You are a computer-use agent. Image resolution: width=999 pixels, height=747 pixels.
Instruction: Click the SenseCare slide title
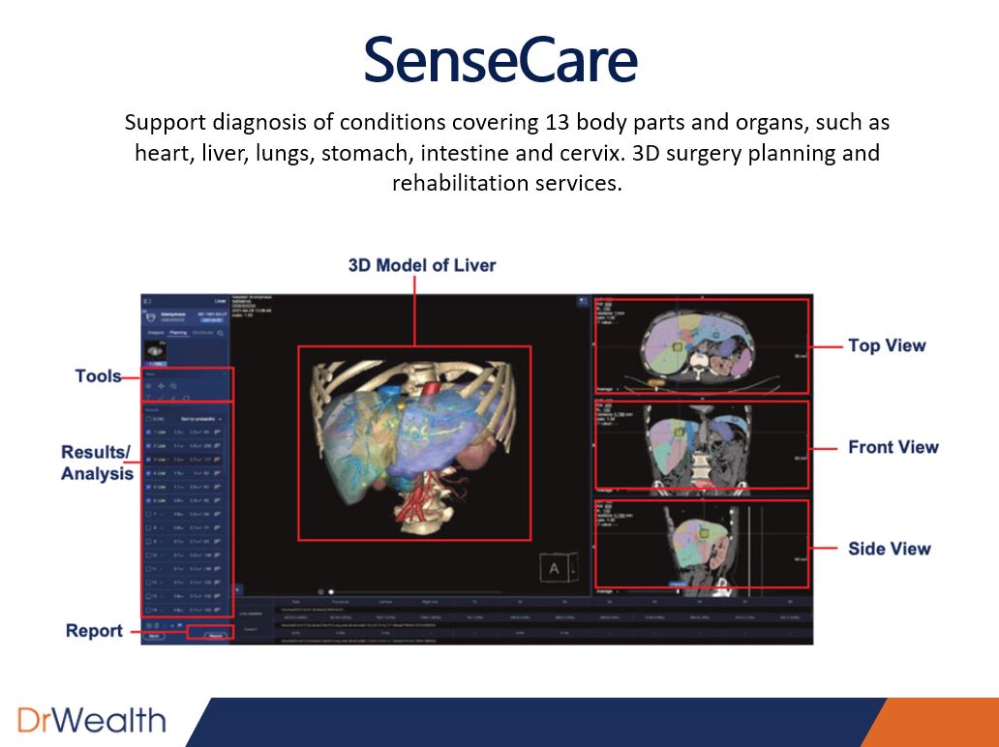tap(500, 59)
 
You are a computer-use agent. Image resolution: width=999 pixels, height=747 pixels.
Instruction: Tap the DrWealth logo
tap(91, 720)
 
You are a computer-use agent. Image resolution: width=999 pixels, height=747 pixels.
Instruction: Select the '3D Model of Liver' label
tap(422, 265)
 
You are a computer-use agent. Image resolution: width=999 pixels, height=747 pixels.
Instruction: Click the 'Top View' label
tap(887, 345)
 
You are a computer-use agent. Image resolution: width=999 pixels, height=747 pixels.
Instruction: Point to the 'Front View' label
tap(893, 447)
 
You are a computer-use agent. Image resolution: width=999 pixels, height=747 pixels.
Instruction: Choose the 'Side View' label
tap(889, 549)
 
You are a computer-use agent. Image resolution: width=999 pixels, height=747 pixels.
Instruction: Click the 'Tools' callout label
tap(99, 376)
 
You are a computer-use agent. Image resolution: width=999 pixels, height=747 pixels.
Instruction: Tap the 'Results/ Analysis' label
tap(97, 463)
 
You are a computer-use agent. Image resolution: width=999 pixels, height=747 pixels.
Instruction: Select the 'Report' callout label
tap(94, 631)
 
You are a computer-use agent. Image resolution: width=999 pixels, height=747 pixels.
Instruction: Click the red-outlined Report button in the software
tap(210, 636)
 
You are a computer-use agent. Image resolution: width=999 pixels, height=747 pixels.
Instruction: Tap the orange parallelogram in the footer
tap(929, 722)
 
